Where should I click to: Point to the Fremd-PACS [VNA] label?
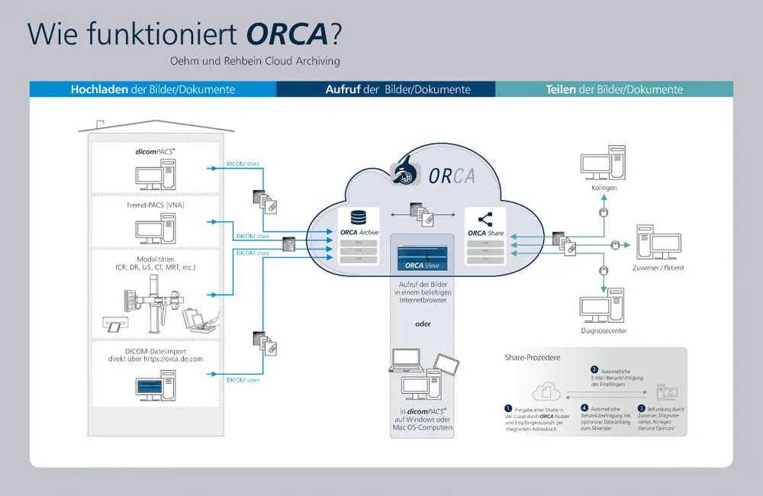(156, 205)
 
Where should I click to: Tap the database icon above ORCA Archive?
(358, 219)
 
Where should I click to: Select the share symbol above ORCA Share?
(486, 219)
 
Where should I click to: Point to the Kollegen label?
(603, 188)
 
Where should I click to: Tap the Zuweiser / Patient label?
(658, 268)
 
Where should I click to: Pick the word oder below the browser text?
(423, 324)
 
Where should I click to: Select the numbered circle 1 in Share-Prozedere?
(507, 408)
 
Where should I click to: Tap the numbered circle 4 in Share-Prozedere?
(584, 408)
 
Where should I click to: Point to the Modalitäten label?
(156, 259)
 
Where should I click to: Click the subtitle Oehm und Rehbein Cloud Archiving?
(256, 61)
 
